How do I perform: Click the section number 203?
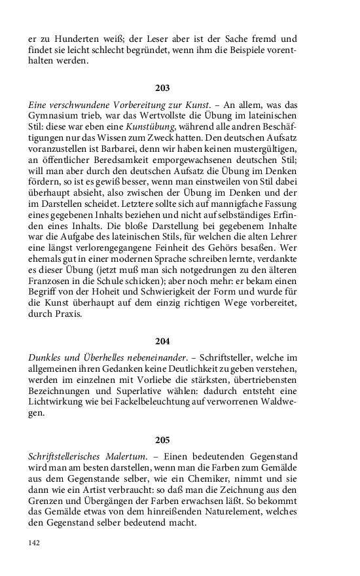coord(162,88)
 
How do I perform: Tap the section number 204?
coord(162,341)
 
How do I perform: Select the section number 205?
coord(162,440)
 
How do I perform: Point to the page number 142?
coord(35,543)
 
